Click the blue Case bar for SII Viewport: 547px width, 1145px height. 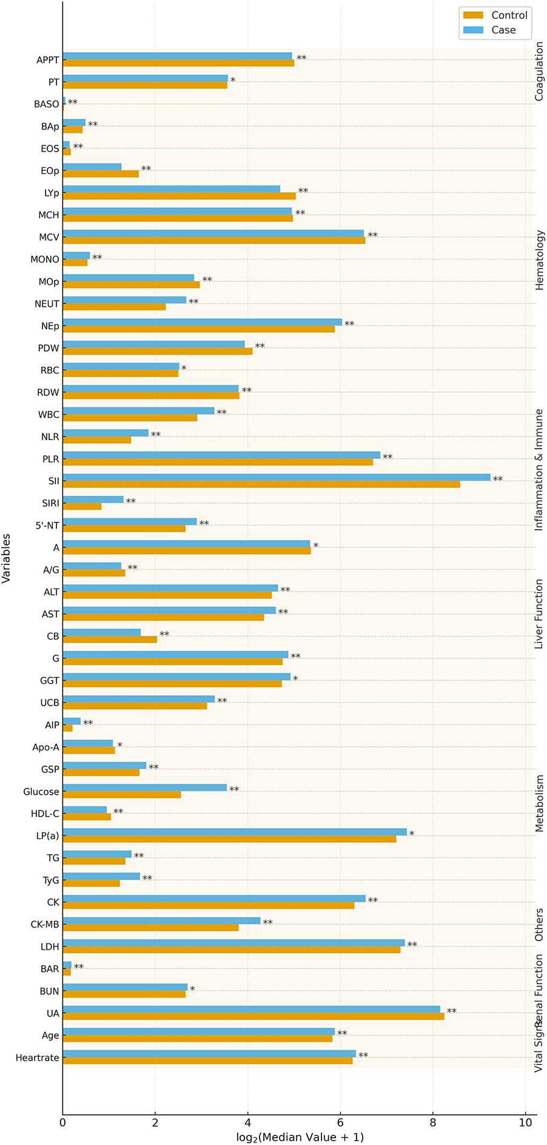[276, 477]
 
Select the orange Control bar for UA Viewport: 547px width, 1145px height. [253, 1016]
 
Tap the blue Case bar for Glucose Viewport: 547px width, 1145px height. [144, 787]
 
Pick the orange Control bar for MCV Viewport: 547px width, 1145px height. [213, 241]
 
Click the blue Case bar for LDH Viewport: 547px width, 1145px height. [233, 943]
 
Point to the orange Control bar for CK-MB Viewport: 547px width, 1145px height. [150, 927]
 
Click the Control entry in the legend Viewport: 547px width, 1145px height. [495, 15]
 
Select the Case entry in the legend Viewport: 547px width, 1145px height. [495, 30]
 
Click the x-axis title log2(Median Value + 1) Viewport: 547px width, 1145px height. [300, 1137]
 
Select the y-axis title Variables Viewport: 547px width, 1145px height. [7, 558]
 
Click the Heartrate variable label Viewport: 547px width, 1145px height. [37, 1058]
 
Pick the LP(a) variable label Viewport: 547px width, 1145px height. [47, 836]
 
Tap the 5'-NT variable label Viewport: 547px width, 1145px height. [47, 526]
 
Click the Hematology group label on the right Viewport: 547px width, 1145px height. [539, 260]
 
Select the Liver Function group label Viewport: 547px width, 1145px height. [539, 613]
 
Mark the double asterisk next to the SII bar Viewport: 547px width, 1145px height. [497, 479]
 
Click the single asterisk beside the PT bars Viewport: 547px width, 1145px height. [232, 81]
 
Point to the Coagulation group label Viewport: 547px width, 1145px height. [539, 71]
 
